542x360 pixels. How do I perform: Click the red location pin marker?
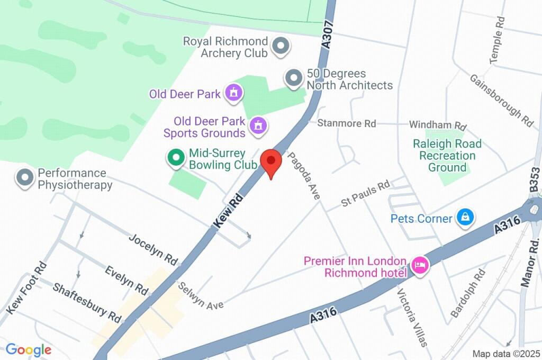click(x=272, y=162)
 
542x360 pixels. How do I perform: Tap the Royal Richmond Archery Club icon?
click(x=281, y=47)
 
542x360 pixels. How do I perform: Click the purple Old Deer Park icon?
click(x=233, y=94)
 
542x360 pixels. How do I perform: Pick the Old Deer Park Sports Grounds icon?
click(x=258, y=125)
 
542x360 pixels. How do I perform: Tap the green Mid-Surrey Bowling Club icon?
click(x=175, y=158)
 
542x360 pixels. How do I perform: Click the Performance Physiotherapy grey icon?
click(x=24, y=178)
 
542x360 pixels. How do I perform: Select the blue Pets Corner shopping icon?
click(x=465, y=217)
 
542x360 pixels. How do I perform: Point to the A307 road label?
click(x=327, y=35)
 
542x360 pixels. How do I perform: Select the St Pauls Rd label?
click(x=365, y=193)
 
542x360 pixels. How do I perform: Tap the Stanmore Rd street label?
click(x=346, y=123)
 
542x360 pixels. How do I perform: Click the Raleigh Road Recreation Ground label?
click(x=447, y=156)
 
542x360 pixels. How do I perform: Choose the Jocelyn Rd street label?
click(x=153, y=249)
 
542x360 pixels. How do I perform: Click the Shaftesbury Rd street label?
click(x=87, y=302)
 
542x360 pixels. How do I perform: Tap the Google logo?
click(x=29, y=349)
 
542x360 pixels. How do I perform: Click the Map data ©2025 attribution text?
click(x=505, y=354)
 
